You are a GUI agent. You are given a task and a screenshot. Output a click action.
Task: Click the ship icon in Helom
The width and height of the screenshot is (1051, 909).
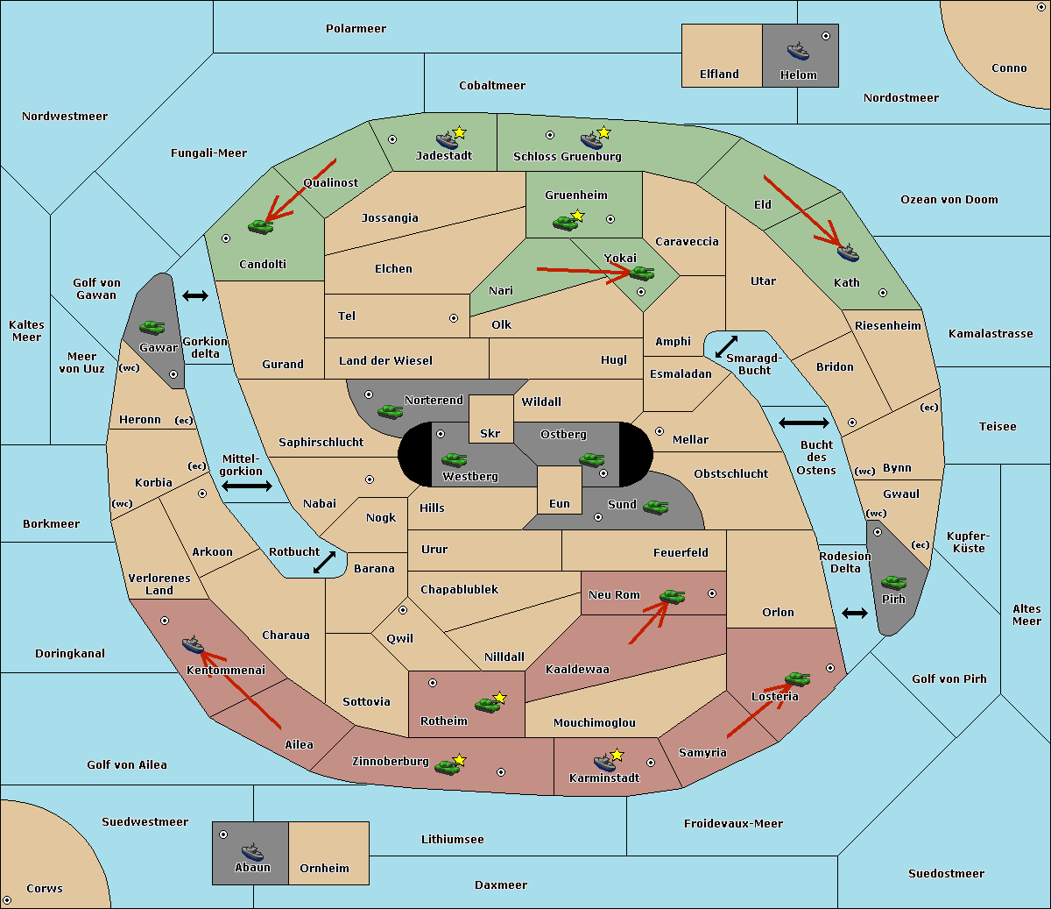pos(798,51)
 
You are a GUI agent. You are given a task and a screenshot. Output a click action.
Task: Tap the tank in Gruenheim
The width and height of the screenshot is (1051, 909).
pos(565,223)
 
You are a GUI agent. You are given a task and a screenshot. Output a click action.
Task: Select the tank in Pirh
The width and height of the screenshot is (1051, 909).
pos(893,582)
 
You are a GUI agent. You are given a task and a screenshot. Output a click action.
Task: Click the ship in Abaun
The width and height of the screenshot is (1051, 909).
pos(253,851)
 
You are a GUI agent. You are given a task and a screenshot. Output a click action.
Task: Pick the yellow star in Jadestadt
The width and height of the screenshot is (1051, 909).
pos(459,133)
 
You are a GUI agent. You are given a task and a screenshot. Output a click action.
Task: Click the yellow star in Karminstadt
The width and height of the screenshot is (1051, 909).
pos(617,755)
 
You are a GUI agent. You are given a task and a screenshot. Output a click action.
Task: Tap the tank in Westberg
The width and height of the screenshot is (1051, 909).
pos(454,459)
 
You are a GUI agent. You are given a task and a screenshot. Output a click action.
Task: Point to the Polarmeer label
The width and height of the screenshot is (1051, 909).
pos(356,29)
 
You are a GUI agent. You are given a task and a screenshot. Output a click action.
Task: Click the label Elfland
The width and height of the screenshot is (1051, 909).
pos(719,75)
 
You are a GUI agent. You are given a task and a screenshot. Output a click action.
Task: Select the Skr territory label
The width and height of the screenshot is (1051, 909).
pos(490,433)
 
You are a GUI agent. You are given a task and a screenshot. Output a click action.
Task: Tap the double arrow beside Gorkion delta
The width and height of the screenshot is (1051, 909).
pos(195,295)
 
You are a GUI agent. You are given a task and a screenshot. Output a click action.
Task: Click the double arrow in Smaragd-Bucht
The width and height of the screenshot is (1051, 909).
pos(726,346)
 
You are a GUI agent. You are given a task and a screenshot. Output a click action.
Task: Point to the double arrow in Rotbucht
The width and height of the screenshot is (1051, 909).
pos(324,563)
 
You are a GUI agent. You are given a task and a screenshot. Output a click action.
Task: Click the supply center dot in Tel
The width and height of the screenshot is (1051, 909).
pos(454,318)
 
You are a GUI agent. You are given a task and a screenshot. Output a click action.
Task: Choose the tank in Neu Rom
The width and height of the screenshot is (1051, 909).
pos(672,596)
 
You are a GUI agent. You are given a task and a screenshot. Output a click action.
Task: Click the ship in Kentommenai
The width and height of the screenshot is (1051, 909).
pos(194,645)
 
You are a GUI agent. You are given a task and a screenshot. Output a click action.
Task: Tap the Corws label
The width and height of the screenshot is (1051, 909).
pos(45,888)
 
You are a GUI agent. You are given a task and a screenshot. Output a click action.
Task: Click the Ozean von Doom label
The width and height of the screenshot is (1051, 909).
pos(949,200)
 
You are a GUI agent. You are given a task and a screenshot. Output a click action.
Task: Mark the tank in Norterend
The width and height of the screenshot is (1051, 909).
pos(390,412)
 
